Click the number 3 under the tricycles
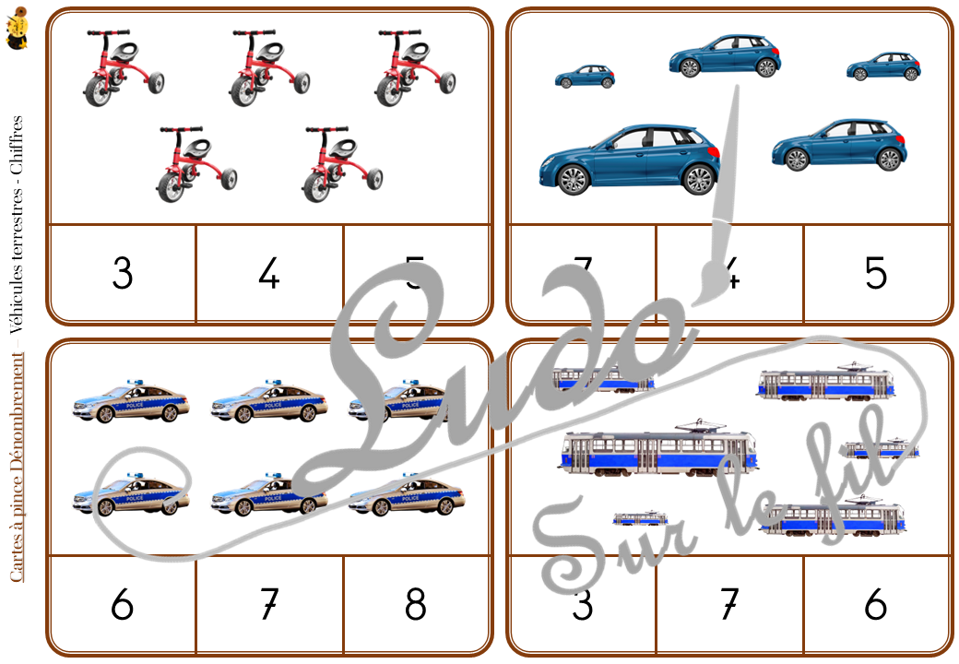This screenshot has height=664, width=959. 122,274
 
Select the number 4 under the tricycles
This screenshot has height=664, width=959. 268,274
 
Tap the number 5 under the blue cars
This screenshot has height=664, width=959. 876,274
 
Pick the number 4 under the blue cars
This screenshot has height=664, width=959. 729,274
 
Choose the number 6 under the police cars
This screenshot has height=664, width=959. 122,605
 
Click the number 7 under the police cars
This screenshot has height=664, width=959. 268,605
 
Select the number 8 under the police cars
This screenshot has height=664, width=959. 415,605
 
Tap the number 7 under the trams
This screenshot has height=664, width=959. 729,605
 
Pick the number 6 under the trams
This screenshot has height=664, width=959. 876,605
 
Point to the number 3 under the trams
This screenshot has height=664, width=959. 582,605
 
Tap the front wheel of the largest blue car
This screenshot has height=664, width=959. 573,179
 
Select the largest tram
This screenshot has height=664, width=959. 656,452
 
